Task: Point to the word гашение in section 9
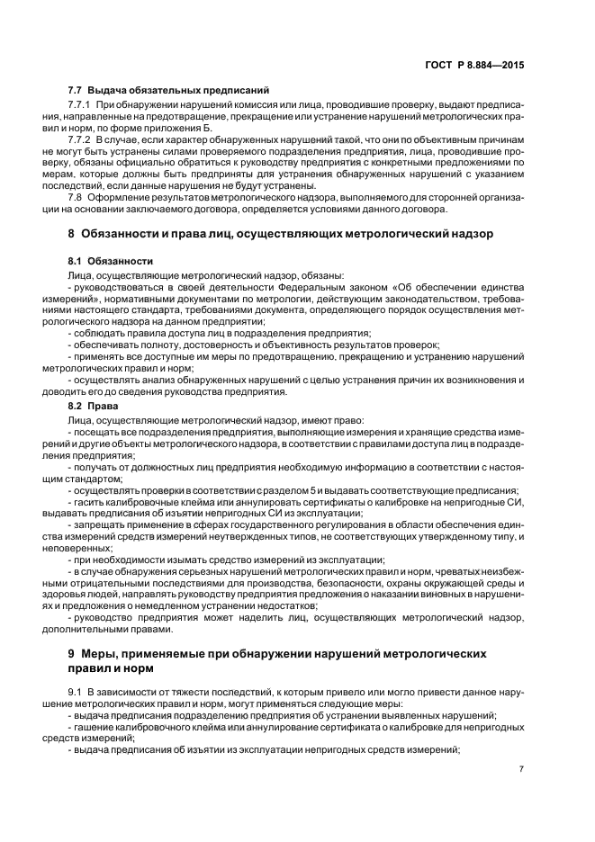[93, 728]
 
